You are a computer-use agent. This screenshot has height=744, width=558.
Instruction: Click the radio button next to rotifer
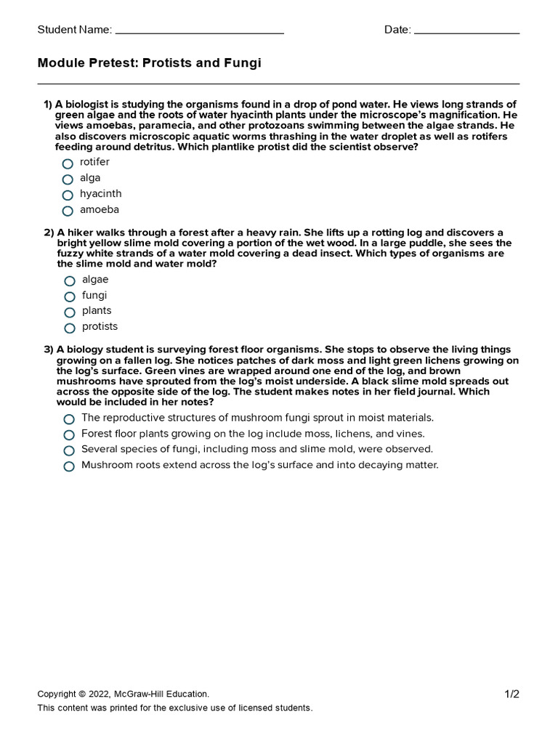click(x=68, y=163)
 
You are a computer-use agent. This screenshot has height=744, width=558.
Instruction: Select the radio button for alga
click(x=68, y=179)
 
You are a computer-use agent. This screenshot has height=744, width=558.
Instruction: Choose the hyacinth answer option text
click(x=100, y=194)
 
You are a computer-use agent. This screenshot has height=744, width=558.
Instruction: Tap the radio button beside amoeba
click(x=68, y=211)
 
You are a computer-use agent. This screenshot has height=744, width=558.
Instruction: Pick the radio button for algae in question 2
click(x=70, y=280)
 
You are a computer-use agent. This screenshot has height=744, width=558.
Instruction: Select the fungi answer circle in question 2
click(x=70, y=296)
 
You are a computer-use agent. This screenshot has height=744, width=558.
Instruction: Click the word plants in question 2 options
click(x=97, y=311)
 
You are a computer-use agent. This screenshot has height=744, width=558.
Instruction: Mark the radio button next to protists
click(x=70, y=328)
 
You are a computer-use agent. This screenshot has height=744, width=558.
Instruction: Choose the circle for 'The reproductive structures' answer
click(x=69, y=419)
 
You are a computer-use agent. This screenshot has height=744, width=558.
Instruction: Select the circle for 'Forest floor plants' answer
click(x=69, y=434)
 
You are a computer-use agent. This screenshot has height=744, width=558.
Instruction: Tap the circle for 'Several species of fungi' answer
click(x=69, y=450)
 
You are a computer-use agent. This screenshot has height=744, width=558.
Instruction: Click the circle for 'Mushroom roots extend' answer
click(x=69, y=466)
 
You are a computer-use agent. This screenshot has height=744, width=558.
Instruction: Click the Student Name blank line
click(x=199, y=32)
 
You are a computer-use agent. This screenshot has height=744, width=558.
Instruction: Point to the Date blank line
click(x=466, y=32)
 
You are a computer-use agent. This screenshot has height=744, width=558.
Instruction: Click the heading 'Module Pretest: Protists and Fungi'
click(x=149, y=64)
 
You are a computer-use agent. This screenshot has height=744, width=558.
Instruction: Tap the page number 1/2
click(x=512, y=694)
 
